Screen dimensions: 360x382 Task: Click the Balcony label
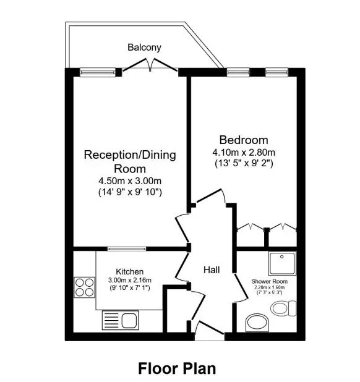point(144,48)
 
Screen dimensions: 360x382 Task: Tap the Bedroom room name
point(244,140)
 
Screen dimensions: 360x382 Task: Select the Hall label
point(212,270)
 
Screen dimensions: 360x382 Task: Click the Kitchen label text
point(130,271)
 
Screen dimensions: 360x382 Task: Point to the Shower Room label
point(269,281)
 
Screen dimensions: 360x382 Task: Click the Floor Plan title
point(177,368)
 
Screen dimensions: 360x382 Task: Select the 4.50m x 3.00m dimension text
point(130,181)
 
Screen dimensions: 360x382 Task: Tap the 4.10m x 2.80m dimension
point(244,153)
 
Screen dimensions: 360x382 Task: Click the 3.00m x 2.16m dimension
point(130,280)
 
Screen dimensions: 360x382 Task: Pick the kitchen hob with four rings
point(84,287)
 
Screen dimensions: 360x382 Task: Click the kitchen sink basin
point(129,321)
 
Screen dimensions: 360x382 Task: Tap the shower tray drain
point(282,257)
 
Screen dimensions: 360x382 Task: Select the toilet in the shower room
point(283,308)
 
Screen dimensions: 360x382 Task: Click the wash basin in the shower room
point(257,322)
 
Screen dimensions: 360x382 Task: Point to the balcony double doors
point(150,65)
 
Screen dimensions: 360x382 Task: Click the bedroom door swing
point(212,195)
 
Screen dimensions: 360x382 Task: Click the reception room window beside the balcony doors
point(98,72)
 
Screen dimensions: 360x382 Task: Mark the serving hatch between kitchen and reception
point(127,248)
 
